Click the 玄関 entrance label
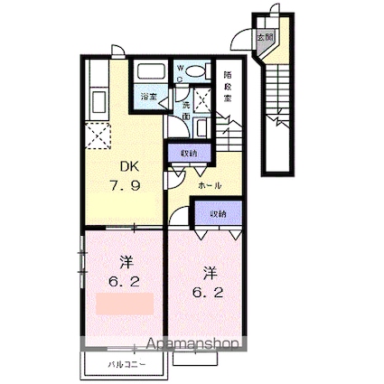click(263, 37)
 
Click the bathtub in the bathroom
click(147, 73)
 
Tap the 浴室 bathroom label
click(147, 95)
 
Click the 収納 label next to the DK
click(188, 152)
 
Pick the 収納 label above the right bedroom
click(219, 214)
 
